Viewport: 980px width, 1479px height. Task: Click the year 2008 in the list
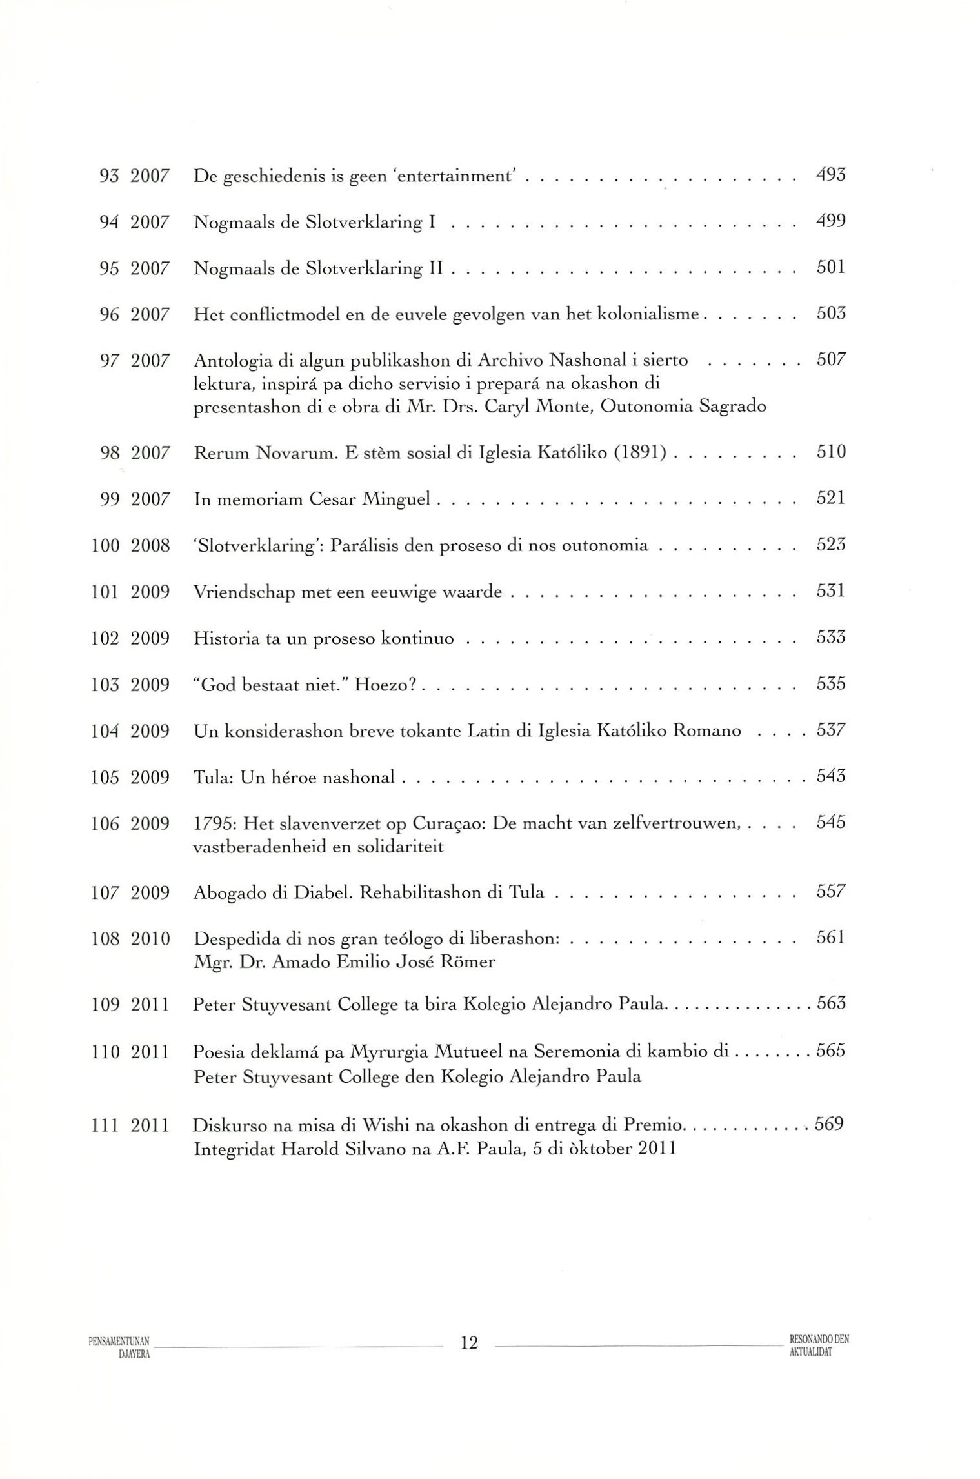pos(150,546)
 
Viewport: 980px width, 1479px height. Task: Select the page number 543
pos(830,777)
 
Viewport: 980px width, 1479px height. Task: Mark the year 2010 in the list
pos(150,940)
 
